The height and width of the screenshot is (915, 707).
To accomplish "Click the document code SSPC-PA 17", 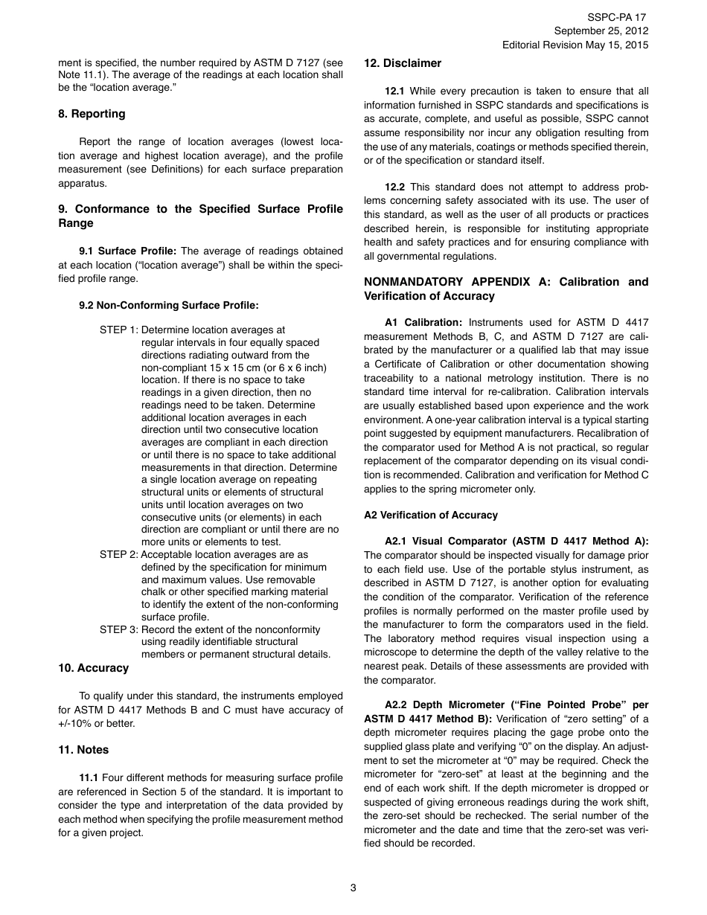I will click(617, 17).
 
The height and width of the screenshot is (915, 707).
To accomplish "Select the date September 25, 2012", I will click(601, 30).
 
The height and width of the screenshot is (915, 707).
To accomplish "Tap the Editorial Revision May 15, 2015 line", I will click(575, 45).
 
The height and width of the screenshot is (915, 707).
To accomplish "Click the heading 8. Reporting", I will click(92, 114).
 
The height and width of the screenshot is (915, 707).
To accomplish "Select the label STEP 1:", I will click(118, 330).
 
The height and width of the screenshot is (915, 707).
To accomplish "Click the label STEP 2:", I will click(118, 555).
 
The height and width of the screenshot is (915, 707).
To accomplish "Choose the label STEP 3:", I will click(118, 629).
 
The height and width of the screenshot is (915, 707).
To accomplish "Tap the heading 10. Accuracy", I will click(93, 668).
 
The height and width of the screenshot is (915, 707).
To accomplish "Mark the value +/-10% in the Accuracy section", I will click(77, 724).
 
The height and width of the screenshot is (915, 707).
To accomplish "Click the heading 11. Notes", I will click(83, 750).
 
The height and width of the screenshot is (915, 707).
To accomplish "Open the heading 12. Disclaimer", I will click(402, 63).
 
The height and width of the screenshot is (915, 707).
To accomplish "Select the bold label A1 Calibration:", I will click(423, 322).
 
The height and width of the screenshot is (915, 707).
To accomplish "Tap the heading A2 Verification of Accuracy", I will click(431, 515).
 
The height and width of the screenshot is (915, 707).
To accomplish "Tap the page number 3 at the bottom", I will click(353, 887).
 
